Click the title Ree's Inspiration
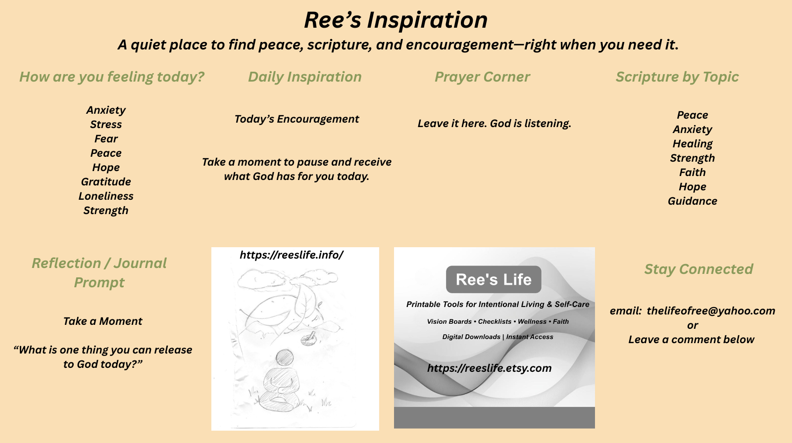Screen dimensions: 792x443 click(x=396, y=20)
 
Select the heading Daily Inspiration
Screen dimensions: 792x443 click(x=305, y=77)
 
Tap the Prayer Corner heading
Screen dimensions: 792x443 click(x=482, y=77)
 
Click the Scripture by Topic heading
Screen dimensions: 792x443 click(x=677, y=77)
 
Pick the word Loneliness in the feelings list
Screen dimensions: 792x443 click(x=106, y=196)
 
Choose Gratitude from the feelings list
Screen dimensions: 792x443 click(x=106, y=181)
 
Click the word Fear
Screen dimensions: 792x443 click(x=106, y=139)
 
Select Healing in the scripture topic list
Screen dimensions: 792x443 click(x=693, y=144)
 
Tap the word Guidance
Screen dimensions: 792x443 click(x=693, y=201)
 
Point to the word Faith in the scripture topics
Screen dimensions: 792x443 click(x=693, y=173)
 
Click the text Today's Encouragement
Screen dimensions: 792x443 click(x=297, y=119)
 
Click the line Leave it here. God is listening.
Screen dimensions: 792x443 click(x=495, y=124)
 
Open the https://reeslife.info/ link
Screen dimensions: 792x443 click(x=292, y=255)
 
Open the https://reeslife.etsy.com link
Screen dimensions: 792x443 click(x=490, y=368)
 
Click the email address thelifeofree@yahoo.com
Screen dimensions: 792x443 click(x=711, y=311)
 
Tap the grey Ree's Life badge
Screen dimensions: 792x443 click(x=494, y=279)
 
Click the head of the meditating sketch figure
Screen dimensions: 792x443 click(x=284, y=357)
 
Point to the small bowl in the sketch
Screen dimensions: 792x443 click(x=308, y=339)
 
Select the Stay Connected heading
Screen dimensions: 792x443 click(x=698, y=269)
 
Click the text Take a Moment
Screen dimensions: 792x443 click(x=102, y=321)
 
